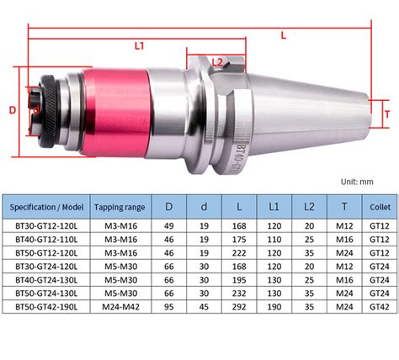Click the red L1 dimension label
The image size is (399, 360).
pyautogui.click(x=140, y=45)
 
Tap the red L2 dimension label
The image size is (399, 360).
pyautogui.click(x=217, y=62)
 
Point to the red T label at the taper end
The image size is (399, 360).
pyautogui.click(x=387, y=114)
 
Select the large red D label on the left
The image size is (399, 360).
pyautogui.click(x=13, y=110)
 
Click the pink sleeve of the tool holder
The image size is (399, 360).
pyautogui.click(x=116, y=112)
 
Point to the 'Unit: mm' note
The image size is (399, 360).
pyautogui.click(x=357, y=182)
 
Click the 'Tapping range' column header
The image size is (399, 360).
pyautogui.click(x=120, y=207)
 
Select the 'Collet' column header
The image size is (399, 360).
pyautogui.click(x=380, y=207)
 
